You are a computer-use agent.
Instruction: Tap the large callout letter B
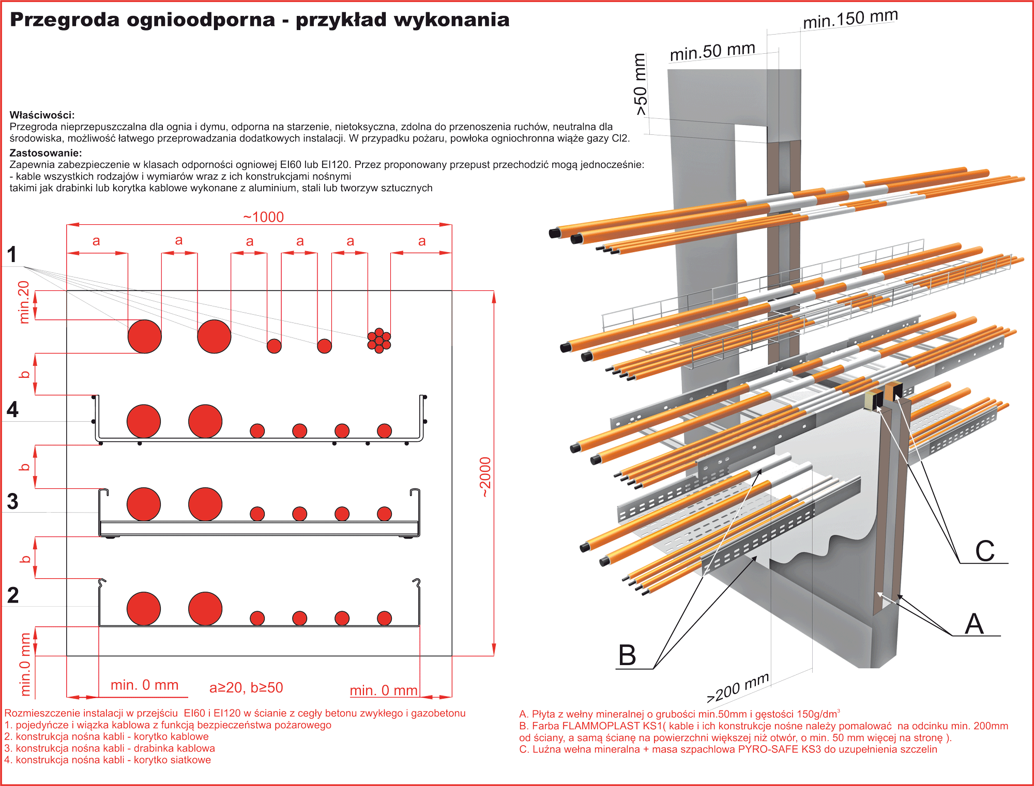[x=627, y=655]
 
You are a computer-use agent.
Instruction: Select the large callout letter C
[x=984, y=551]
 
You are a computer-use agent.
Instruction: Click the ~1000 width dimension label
[x=264, y=217]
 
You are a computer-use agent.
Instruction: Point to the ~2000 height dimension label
[x=485, y=477]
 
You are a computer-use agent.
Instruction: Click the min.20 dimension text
[x=24, y=302]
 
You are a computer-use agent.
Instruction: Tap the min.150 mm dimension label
[x=850, y=19]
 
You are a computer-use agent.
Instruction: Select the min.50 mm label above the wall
[x=712, y=52]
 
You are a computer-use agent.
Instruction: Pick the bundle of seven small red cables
[x=379, y=341]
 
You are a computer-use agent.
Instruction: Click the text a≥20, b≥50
[x=246, y=688]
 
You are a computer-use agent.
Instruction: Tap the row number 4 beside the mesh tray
[x=12, y=410]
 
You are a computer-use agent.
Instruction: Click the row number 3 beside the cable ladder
[x=12, y=502]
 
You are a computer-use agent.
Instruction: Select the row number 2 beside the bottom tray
[x=13, y=595]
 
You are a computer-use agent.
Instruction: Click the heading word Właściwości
[x=42, y=115]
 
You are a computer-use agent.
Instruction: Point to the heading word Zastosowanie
[x=45, y=153]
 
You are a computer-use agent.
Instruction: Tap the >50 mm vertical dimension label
[x=640, y=85]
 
